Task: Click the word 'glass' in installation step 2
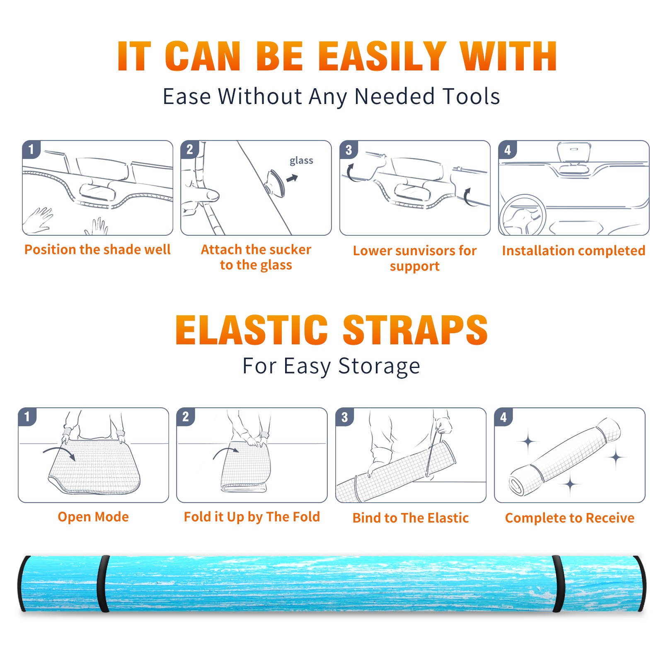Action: (301, 161)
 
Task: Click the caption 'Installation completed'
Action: (573, 250)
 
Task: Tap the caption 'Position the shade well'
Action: (97, 249)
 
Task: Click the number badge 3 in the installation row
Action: (348, 150)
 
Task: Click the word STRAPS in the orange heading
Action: (415, 330)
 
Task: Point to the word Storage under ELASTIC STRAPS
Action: (379, 366)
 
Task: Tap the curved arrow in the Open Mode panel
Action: (60, 452)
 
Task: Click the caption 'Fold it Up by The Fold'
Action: (252, 517)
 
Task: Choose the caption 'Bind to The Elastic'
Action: (411, 518)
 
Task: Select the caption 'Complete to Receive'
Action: (570, 518)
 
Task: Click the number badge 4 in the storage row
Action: (503, 417)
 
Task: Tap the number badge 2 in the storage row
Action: (186, 416)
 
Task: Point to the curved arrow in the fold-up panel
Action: (226, 452)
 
